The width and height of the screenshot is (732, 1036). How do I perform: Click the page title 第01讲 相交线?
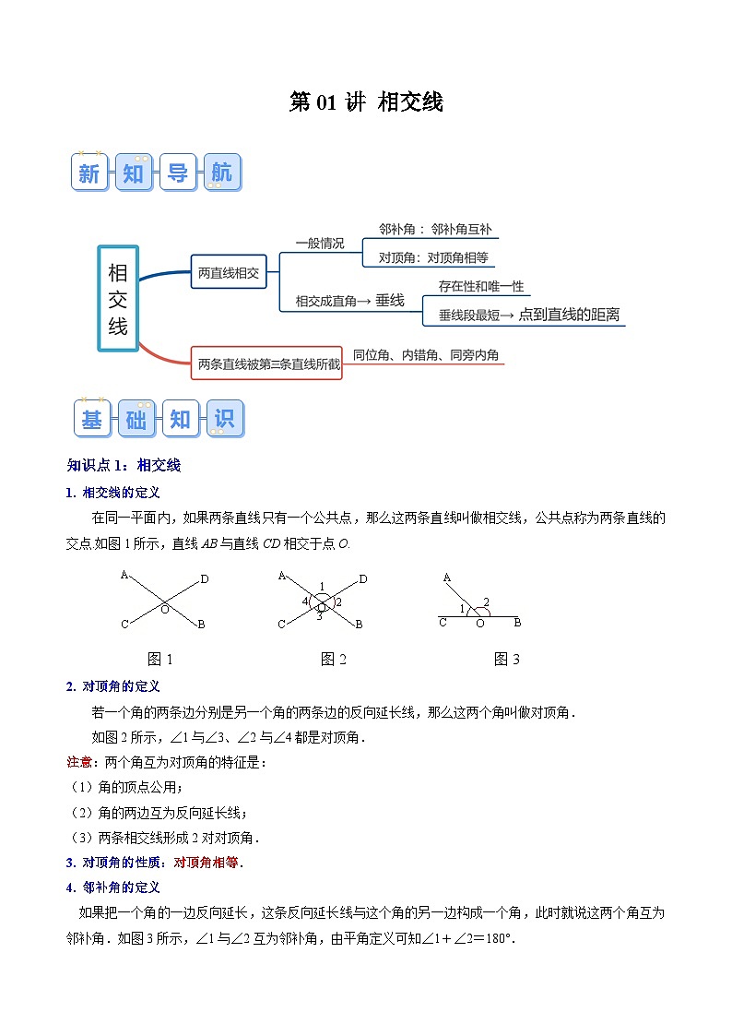click(366, 102)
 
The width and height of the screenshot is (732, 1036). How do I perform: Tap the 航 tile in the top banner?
click(221, 173)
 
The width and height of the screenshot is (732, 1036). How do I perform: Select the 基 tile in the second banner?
click(92, 419)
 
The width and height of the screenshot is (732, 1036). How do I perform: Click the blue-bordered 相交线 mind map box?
click(118, 298)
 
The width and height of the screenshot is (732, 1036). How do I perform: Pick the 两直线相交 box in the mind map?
click(229, 272)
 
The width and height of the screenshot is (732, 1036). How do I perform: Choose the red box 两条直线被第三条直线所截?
click(268, 363)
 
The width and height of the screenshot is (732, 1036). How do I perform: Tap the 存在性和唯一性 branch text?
click(481, 287)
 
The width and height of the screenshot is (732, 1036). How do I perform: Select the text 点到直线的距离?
click(569, 315)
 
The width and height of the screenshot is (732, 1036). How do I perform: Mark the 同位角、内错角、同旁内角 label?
click(426, 354)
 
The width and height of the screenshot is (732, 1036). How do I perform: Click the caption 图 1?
click(160, 659)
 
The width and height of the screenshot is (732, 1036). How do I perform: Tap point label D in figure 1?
click(204, 579)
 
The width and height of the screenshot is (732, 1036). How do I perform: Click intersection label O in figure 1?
click(165, 610)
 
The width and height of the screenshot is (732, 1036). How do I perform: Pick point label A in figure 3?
click(447, 578)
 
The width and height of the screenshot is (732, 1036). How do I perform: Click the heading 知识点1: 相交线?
click(124, 465)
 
